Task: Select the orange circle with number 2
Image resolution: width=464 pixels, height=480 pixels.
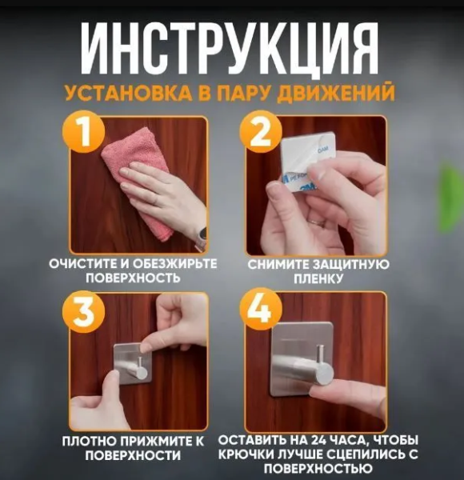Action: click(x=260, y=133)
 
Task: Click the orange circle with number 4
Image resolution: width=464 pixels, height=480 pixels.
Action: click(x=260, y=312)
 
